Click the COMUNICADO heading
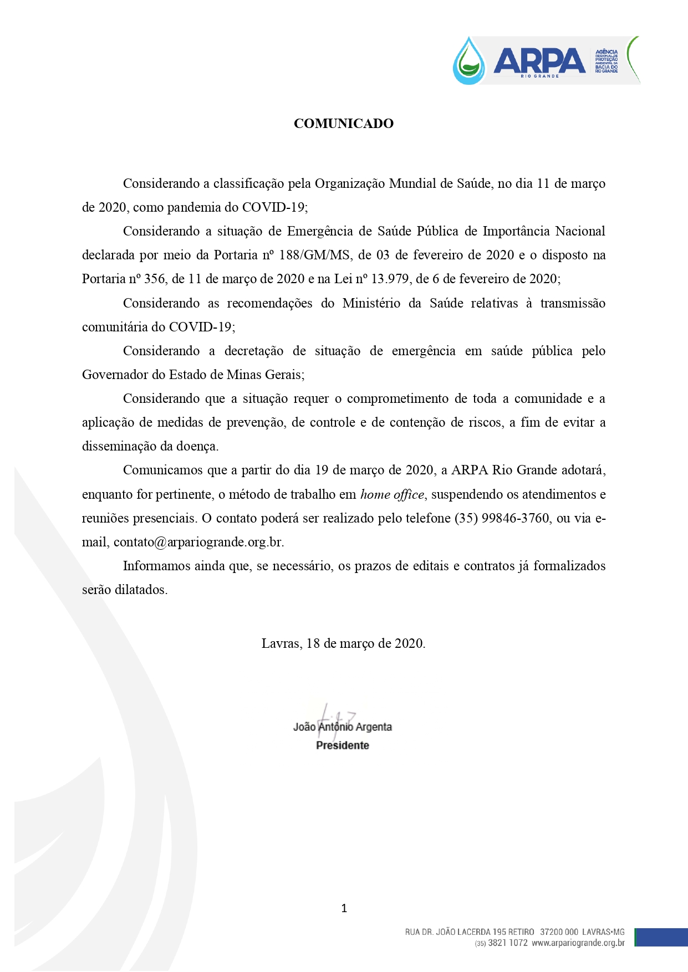pos(343,124)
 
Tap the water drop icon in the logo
pos(469,62)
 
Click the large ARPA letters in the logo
pos(539,60)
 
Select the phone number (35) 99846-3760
pos(502,518)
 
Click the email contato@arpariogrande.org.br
pos(198,542)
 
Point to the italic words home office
pos(392,494)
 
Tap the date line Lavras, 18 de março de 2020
pos(343,643)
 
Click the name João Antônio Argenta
pos(342,727)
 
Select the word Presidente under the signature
pos(342,745)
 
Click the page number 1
pos(344,908)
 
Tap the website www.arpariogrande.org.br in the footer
pos(578,943)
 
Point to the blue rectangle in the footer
pos(661,938)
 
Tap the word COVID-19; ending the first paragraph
pos(275,207)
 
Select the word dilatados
pos(141,590)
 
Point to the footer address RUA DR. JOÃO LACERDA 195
pos(470,932)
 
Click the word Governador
pos(115,375)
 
